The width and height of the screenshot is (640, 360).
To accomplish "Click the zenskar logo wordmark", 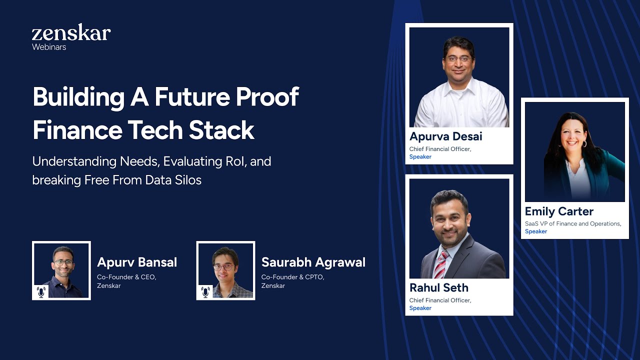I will tap(71, 33).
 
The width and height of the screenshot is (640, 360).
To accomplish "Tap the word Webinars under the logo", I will tap(49, 47).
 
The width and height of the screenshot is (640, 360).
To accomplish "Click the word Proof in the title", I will tap(267, 96).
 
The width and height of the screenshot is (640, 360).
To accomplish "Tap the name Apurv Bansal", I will tap(137, 262).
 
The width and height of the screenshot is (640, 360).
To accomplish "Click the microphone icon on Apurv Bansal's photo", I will tap(41, 291).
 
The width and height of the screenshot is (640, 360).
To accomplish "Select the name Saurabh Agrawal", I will tap(313, 262).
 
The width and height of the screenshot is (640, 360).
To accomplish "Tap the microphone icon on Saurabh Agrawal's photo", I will tap(205, 291).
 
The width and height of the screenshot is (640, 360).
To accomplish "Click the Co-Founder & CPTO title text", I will tap(292, 277).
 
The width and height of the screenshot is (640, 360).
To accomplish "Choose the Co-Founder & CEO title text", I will tap(126, 277).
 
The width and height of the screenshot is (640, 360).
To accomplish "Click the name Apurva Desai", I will tap(446, 136).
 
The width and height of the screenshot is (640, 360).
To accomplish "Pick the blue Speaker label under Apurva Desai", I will tap(420, 157).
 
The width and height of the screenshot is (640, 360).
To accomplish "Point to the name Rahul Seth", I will tap(439, 288).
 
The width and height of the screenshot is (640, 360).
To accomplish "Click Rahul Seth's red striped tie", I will tap(440, 265).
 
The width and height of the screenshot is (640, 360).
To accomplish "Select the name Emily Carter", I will tap(559, 211).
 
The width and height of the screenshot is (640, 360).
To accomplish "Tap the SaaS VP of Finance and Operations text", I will tap(573, 223).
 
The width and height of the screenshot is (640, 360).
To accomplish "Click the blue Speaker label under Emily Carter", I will tap(536, 231).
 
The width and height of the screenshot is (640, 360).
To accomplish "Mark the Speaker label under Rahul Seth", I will tap(420, 308).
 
